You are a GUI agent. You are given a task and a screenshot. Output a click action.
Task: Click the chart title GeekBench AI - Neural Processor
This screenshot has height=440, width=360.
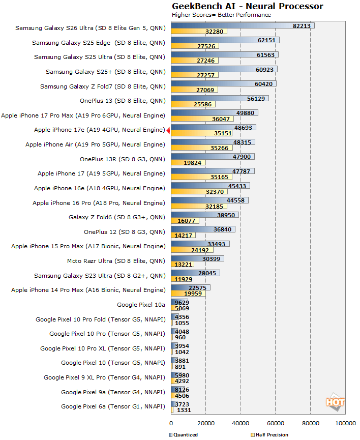pos(247,6)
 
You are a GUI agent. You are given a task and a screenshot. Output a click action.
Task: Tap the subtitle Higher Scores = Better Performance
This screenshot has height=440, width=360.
pos(221,15)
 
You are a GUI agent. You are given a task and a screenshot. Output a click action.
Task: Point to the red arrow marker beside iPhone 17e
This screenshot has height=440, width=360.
pos(168,130)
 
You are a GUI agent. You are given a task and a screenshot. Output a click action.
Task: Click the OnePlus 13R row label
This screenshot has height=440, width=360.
pos(122,159)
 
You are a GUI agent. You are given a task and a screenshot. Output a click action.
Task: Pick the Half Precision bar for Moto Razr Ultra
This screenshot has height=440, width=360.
pos(181,264)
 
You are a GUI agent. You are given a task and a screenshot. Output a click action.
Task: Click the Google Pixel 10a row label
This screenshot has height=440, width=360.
pos(141,305)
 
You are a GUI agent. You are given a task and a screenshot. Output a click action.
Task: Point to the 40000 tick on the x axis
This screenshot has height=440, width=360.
pos(241,423)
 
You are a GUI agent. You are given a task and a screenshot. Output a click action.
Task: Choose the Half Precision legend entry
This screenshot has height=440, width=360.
pos(269,435)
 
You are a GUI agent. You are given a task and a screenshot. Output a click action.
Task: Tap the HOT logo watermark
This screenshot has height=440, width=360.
pos(335,402)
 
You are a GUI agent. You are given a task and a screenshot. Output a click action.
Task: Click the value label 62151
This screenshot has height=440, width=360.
pos(268,40)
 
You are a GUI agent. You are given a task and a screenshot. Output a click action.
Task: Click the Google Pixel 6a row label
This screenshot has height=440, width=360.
pos(113,406)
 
